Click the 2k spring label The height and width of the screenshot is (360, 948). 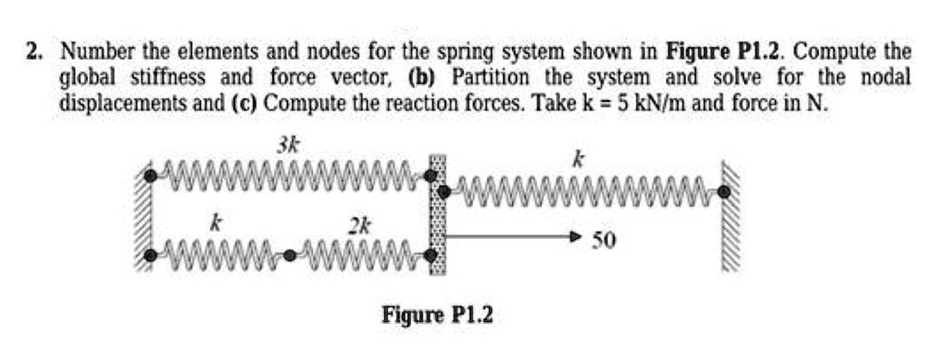click(x=358, y=225)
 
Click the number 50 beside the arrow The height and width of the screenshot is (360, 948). click(x=604, y=242)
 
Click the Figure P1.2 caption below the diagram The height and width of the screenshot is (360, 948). click(x=438, y=316)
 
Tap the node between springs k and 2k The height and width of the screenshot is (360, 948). click(x=293, y=253)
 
